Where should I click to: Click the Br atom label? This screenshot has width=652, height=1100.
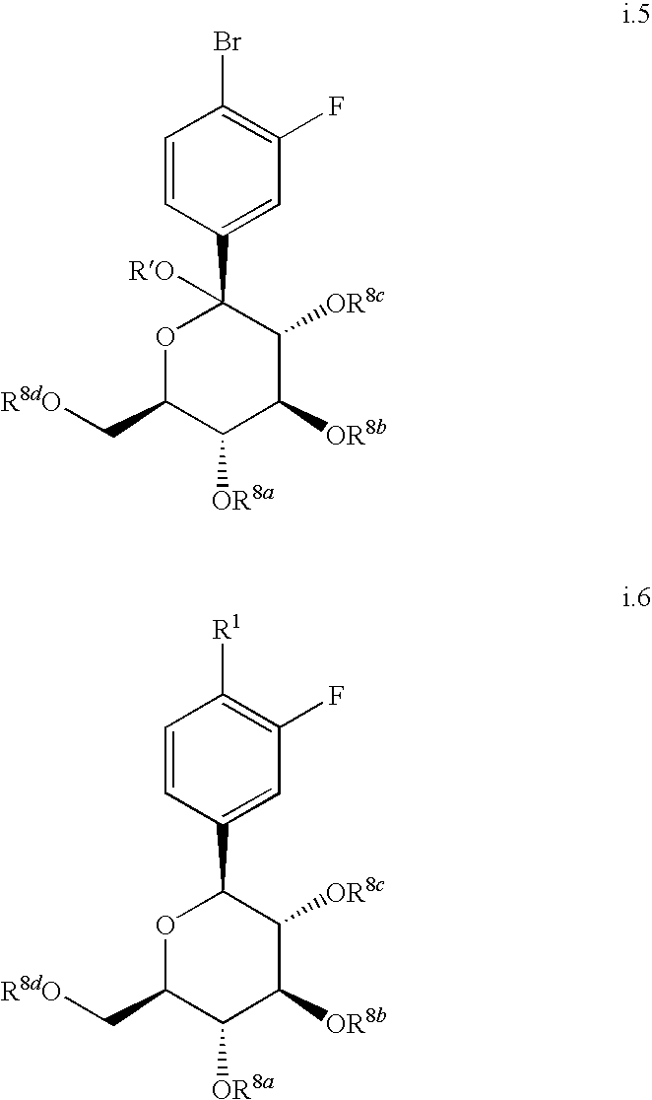(x=226, y=46)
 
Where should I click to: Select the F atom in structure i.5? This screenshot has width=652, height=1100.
(x=334, y=107)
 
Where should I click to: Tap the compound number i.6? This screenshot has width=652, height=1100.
(x=634, y=599)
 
